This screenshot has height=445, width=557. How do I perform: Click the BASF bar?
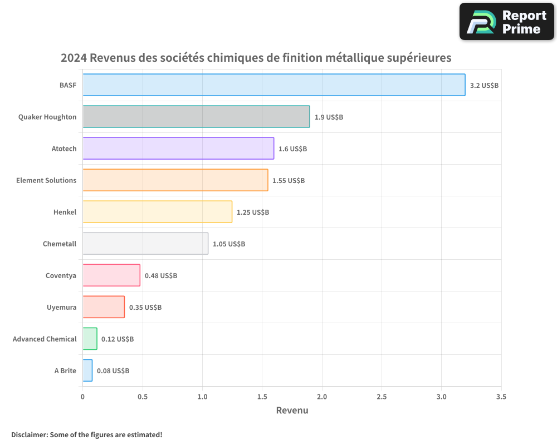[273, 85]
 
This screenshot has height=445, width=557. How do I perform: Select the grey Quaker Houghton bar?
[196, 117]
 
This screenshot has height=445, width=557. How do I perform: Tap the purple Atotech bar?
[178, 149]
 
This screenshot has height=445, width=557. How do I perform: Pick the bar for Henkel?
[157, 212]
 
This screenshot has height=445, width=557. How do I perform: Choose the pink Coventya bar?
[111, 275]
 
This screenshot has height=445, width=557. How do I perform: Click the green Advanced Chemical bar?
[90, 339]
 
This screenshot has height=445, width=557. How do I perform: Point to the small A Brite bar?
[87, 370]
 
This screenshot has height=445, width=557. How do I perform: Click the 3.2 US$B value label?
[484, 86]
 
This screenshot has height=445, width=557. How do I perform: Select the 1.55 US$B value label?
[289, 181]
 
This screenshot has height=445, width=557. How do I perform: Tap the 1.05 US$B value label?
[229, 244]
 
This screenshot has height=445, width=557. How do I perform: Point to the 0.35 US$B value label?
[145, 308]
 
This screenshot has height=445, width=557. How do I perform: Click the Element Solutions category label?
[46, 181]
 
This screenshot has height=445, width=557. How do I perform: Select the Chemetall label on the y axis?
[60, 244]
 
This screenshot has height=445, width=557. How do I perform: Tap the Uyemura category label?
[61, 308]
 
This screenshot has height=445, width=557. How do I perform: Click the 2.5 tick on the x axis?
[382, 397]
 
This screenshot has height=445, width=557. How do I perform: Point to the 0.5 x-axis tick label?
[143, 397]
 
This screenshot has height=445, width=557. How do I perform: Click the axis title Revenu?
[292, 411]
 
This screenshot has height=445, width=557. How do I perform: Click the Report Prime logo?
[507, 22]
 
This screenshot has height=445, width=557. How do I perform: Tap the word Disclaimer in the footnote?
[29, 434]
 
